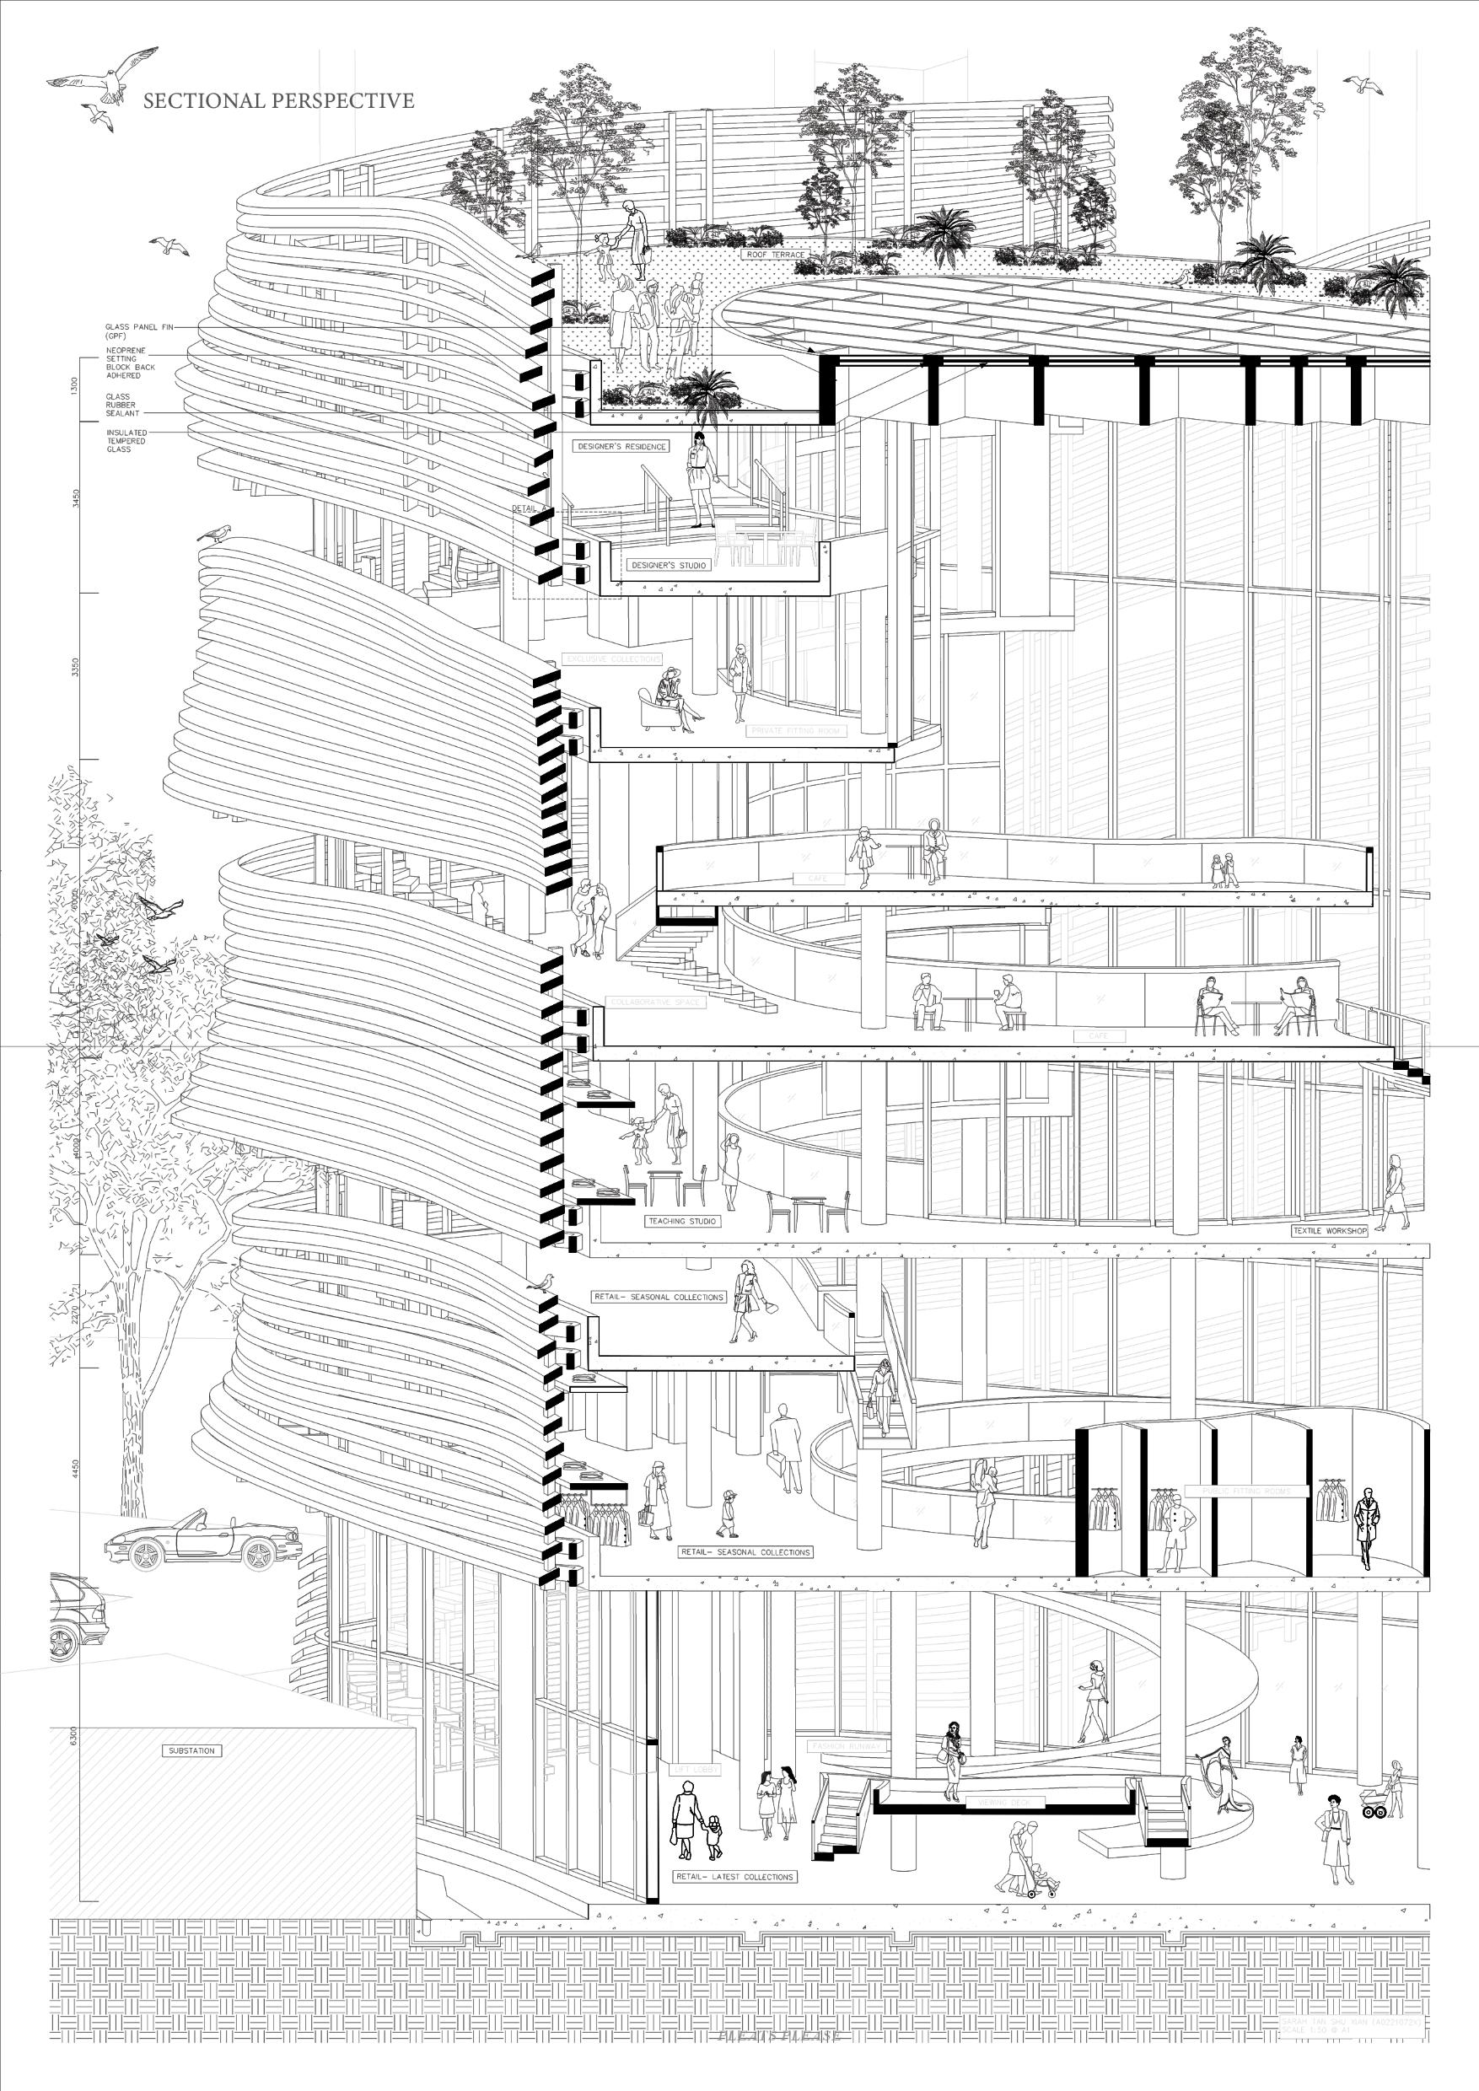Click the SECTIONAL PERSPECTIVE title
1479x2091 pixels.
277,101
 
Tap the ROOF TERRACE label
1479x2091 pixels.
775,254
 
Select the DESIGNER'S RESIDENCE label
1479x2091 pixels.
621,446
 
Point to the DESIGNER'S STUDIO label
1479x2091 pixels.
668,566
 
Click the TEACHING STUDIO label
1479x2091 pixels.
680,1221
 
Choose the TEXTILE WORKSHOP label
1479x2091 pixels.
1330,1230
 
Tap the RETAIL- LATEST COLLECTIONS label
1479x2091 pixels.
735,1877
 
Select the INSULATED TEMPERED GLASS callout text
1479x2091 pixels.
126,441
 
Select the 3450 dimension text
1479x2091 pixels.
75,498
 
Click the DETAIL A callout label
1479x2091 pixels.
528,509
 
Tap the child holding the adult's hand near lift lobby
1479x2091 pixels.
713,1835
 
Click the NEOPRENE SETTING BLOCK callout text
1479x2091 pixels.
130,363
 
